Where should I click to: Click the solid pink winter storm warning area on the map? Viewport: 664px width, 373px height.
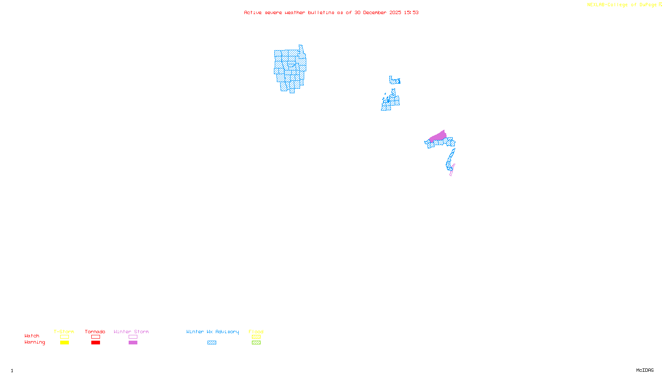tap(438, 136)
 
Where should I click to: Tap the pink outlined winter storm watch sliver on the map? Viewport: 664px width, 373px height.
tap(452, 170)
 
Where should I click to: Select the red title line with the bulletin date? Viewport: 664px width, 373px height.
tap(331, 12)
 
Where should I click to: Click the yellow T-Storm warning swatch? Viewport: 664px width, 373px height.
tap(64, 343)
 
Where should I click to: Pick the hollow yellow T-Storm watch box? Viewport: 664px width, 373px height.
tap(64, 337)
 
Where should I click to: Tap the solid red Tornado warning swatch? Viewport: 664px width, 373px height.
tap(95, 343)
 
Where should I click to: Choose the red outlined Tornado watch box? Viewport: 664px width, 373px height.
tap(95, 337)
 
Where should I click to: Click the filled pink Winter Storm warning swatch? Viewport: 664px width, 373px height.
tap(133, 343)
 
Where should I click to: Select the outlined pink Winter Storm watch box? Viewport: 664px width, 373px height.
tap(133, 337)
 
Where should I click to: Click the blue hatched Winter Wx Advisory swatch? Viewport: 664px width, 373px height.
tap(212, 343)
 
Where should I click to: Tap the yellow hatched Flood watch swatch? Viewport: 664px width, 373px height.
tap(256, 337)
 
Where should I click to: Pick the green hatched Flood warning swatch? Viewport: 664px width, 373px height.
tap(256, 343)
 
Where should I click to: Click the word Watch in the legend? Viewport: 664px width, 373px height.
tap(32, 336)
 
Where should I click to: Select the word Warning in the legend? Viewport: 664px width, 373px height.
tap(35, 342)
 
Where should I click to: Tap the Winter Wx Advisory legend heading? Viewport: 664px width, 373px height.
tap(212, 332)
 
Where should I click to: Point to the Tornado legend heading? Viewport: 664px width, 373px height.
tap(95, 332)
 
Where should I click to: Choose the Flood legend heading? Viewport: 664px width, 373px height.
tap(256, 332)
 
